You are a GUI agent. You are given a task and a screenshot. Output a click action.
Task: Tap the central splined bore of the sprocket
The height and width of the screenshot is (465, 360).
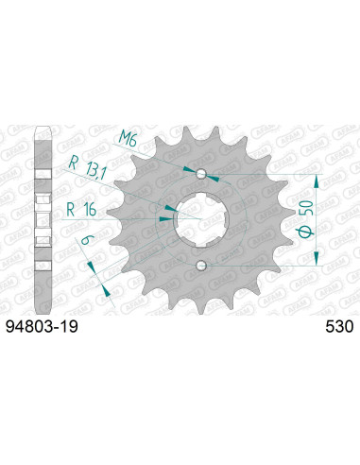click(200, 220)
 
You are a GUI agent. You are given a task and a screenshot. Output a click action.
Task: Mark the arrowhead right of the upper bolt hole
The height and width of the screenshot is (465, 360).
click(213, 177)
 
